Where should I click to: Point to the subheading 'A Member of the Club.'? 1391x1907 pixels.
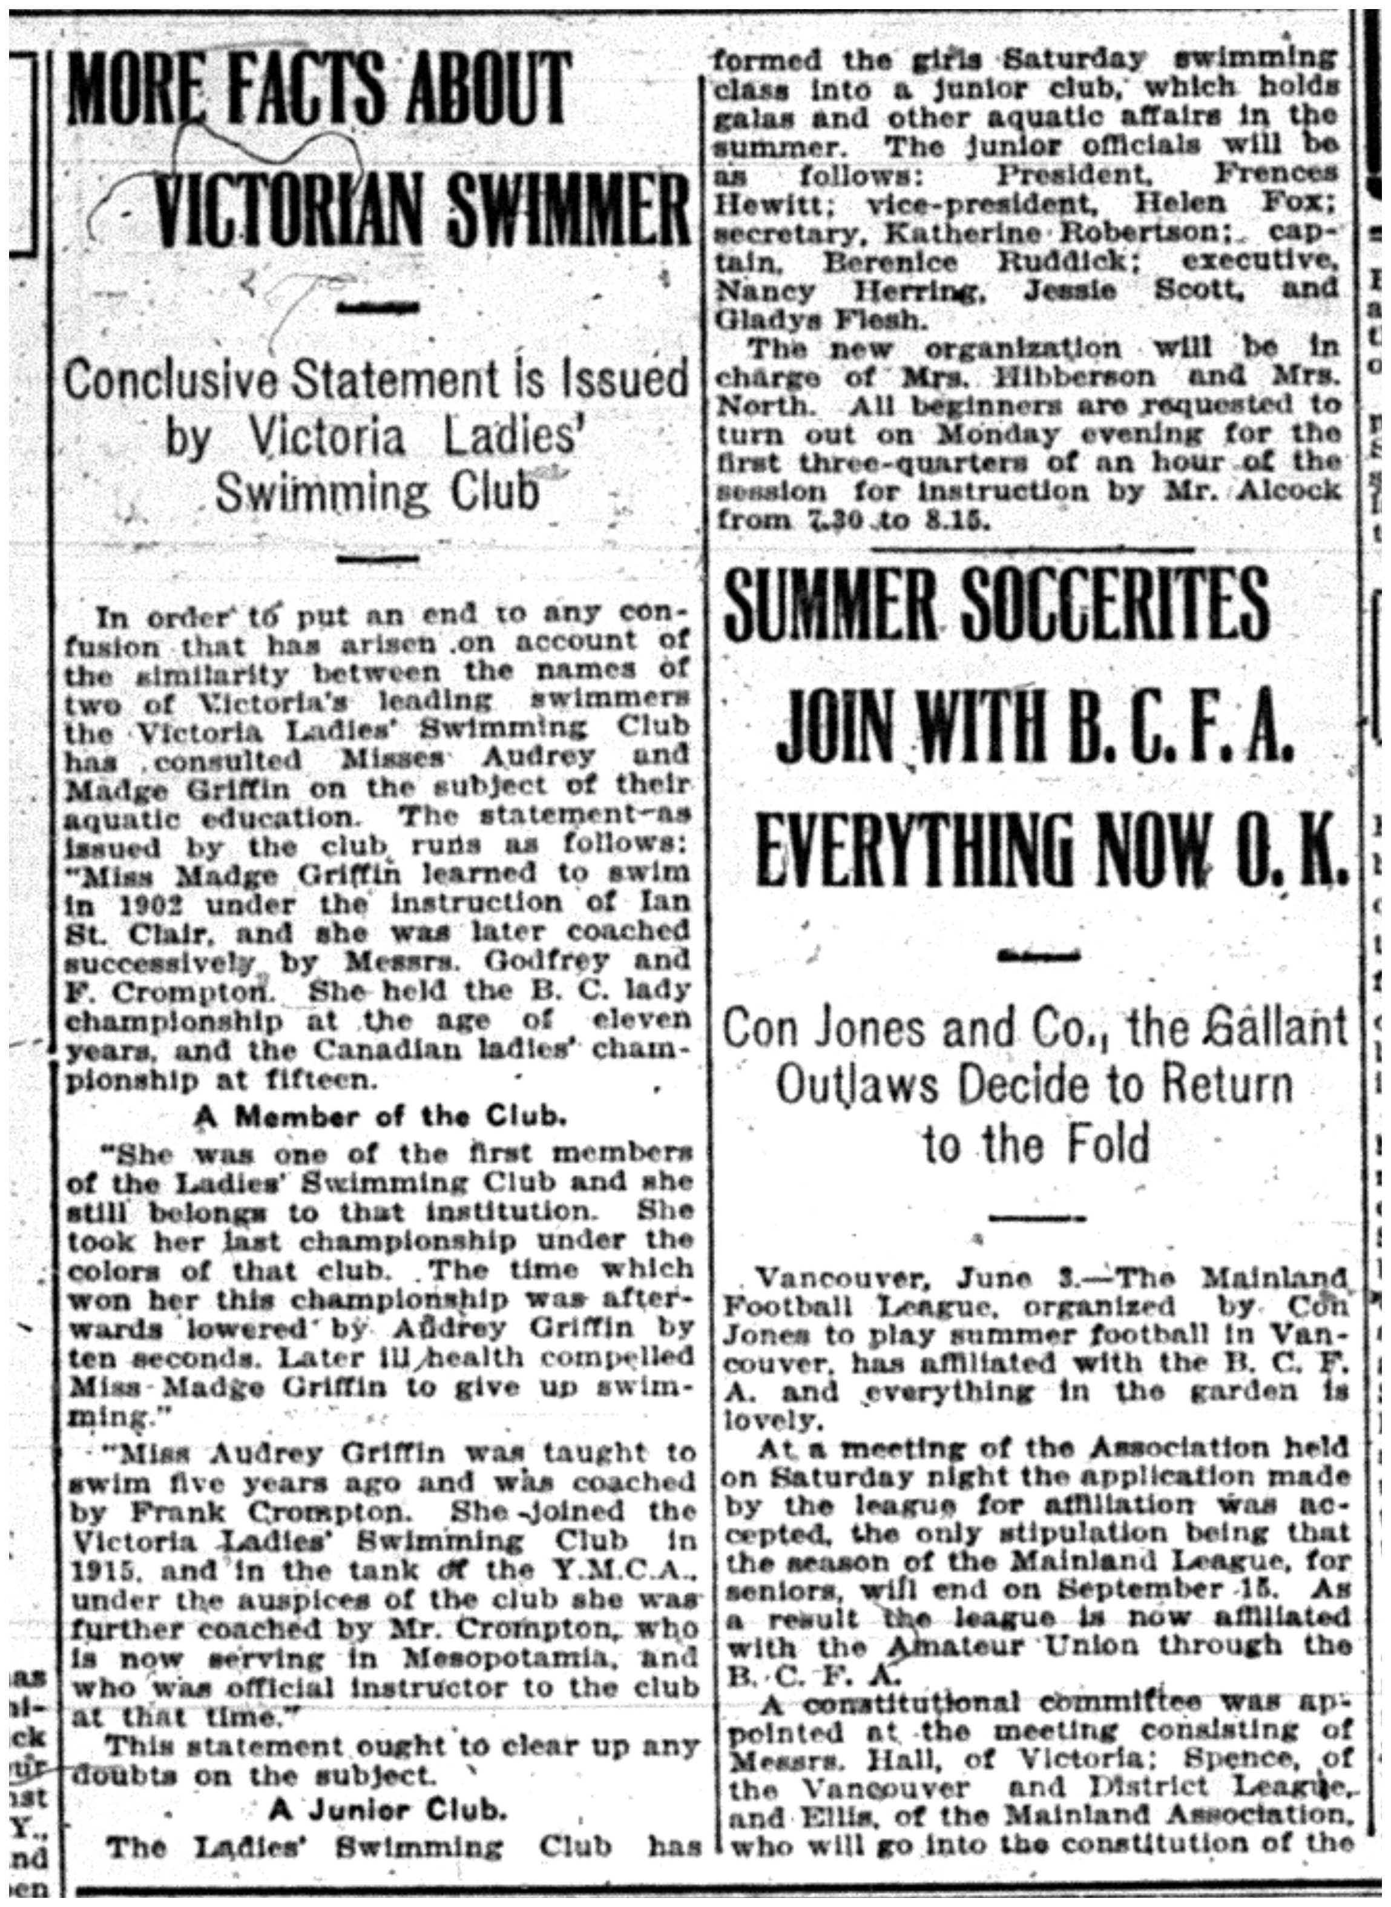point(379,1118)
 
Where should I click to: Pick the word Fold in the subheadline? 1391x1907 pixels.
point(1108,1144)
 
